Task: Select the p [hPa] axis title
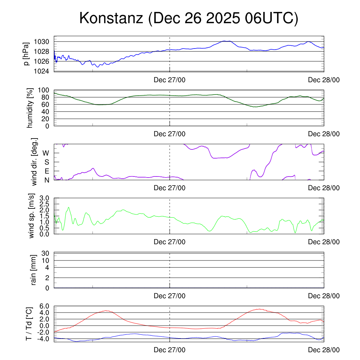tap(26, 54)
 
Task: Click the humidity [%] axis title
tap(31, 108)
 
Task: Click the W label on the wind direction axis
tap(46, 153)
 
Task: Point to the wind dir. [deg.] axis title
tap(34, 162)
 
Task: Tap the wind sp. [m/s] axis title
tap(32, 216)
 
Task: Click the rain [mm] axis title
tap(34, 270)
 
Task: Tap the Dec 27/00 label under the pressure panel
tap(169, 80)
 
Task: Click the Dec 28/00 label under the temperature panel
tap(324, 350)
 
